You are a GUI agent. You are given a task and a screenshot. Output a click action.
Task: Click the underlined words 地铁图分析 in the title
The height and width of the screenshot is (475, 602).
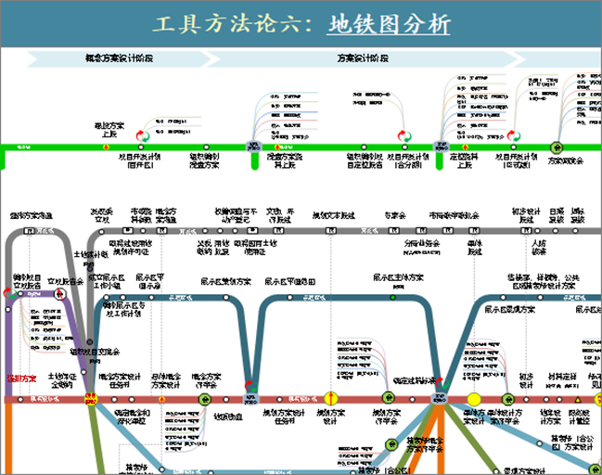point(389,24)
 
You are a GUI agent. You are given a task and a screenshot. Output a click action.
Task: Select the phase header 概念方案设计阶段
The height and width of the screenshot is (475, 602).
point(120,58)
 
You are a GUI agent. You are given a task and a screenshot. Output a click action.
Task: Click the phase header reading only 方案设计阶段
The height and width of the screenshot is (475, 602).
point(363,58)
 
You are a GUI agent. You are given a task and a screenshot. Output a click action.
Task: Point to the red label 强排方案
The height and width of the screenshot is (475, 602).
point(22,379)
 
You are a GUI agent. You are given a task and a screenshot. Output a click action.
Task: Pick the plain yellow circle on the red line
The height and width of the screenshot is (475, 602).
point(474,399)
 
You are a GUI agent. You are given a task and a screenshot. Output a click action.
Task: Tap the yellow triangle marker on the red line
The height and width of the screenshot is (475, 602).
point(577,399)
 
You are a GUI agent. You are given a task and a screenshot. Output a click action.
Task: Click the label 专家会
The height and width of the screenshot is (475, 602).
point(397,215)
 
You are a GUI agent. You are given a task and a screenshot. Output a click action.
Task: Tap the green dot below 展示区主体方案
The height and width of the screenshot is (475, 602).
point(393,297)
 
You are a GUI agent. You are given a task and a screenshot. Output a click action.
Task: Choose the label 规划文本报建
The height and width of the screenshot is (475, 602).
point(333,215)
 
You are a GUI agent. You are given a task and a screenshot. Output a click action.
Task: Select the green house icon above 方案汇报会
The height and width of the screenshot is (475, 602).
point(557,146)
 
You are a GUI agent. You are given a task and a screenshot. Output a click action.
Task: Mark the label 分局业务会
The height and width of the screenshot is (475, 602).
point(422,246)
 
